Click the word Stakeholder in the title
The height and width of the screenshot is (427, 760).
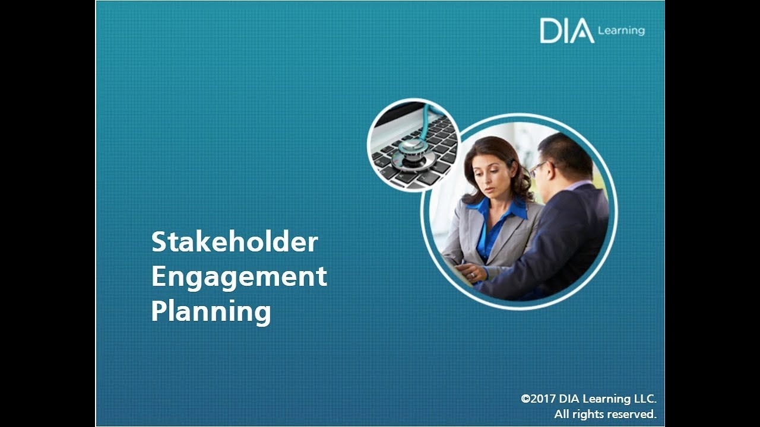tap(235, 242)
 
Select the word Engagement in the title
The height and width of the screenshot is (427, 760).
tap(239, 277)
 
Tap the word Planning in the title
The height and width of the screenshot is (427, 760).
tap(211, 311)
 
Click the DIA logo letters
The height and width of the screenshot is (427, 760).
tap(566, 31)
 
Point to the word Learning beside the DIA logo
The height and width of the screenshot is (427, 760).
tap(621, 30)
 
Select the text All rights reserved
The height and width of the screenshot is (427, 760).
tap(605, 414)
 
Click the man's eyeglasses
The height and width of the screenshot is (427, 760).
tap(538, 170)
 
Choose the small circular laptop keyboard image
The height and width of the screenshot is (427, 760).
tap(413, 145)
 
